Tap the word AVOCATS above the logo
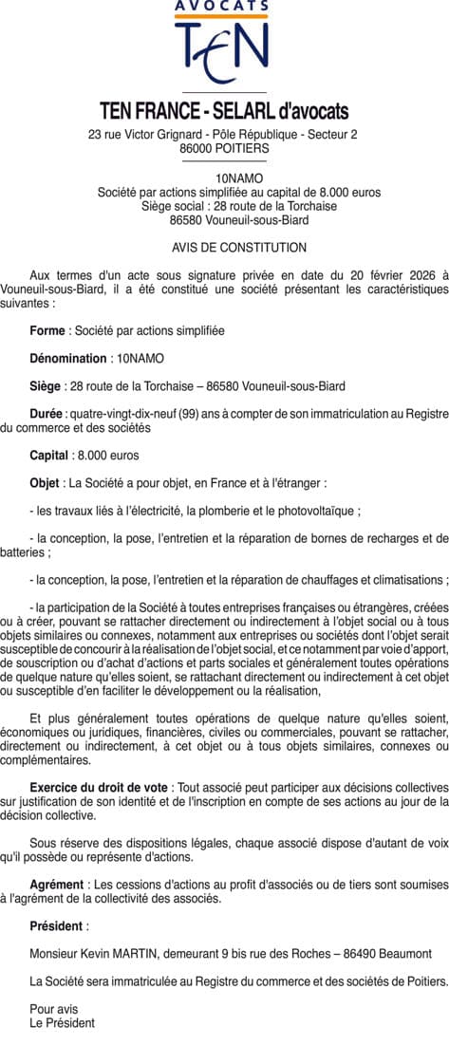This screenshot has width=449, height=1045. [223, 6]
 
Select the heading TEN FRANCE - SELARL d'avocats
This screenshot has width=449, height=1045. [224, 111]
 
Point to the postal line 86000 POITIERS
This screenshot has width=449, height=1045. [224, 149]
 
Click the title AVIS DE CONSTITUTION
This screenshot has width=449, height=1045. [225, 248]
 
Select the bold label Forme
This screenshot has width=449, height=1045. [47, 330]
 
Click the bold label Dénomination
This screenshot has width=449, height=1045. [68, 358]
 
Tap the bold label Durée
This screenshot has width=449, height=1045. [47, 414]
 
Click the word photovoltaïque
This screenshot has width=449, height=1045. [313, 511]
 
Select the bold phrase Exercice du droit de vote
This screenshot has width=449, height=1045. [100, 789]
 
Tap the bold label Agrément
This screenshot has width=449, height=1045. [57, 885]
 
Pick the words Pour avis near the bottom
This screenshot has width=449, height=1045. [54, 1009]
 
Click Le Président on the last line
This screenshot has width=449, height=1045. [63, 1023]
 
